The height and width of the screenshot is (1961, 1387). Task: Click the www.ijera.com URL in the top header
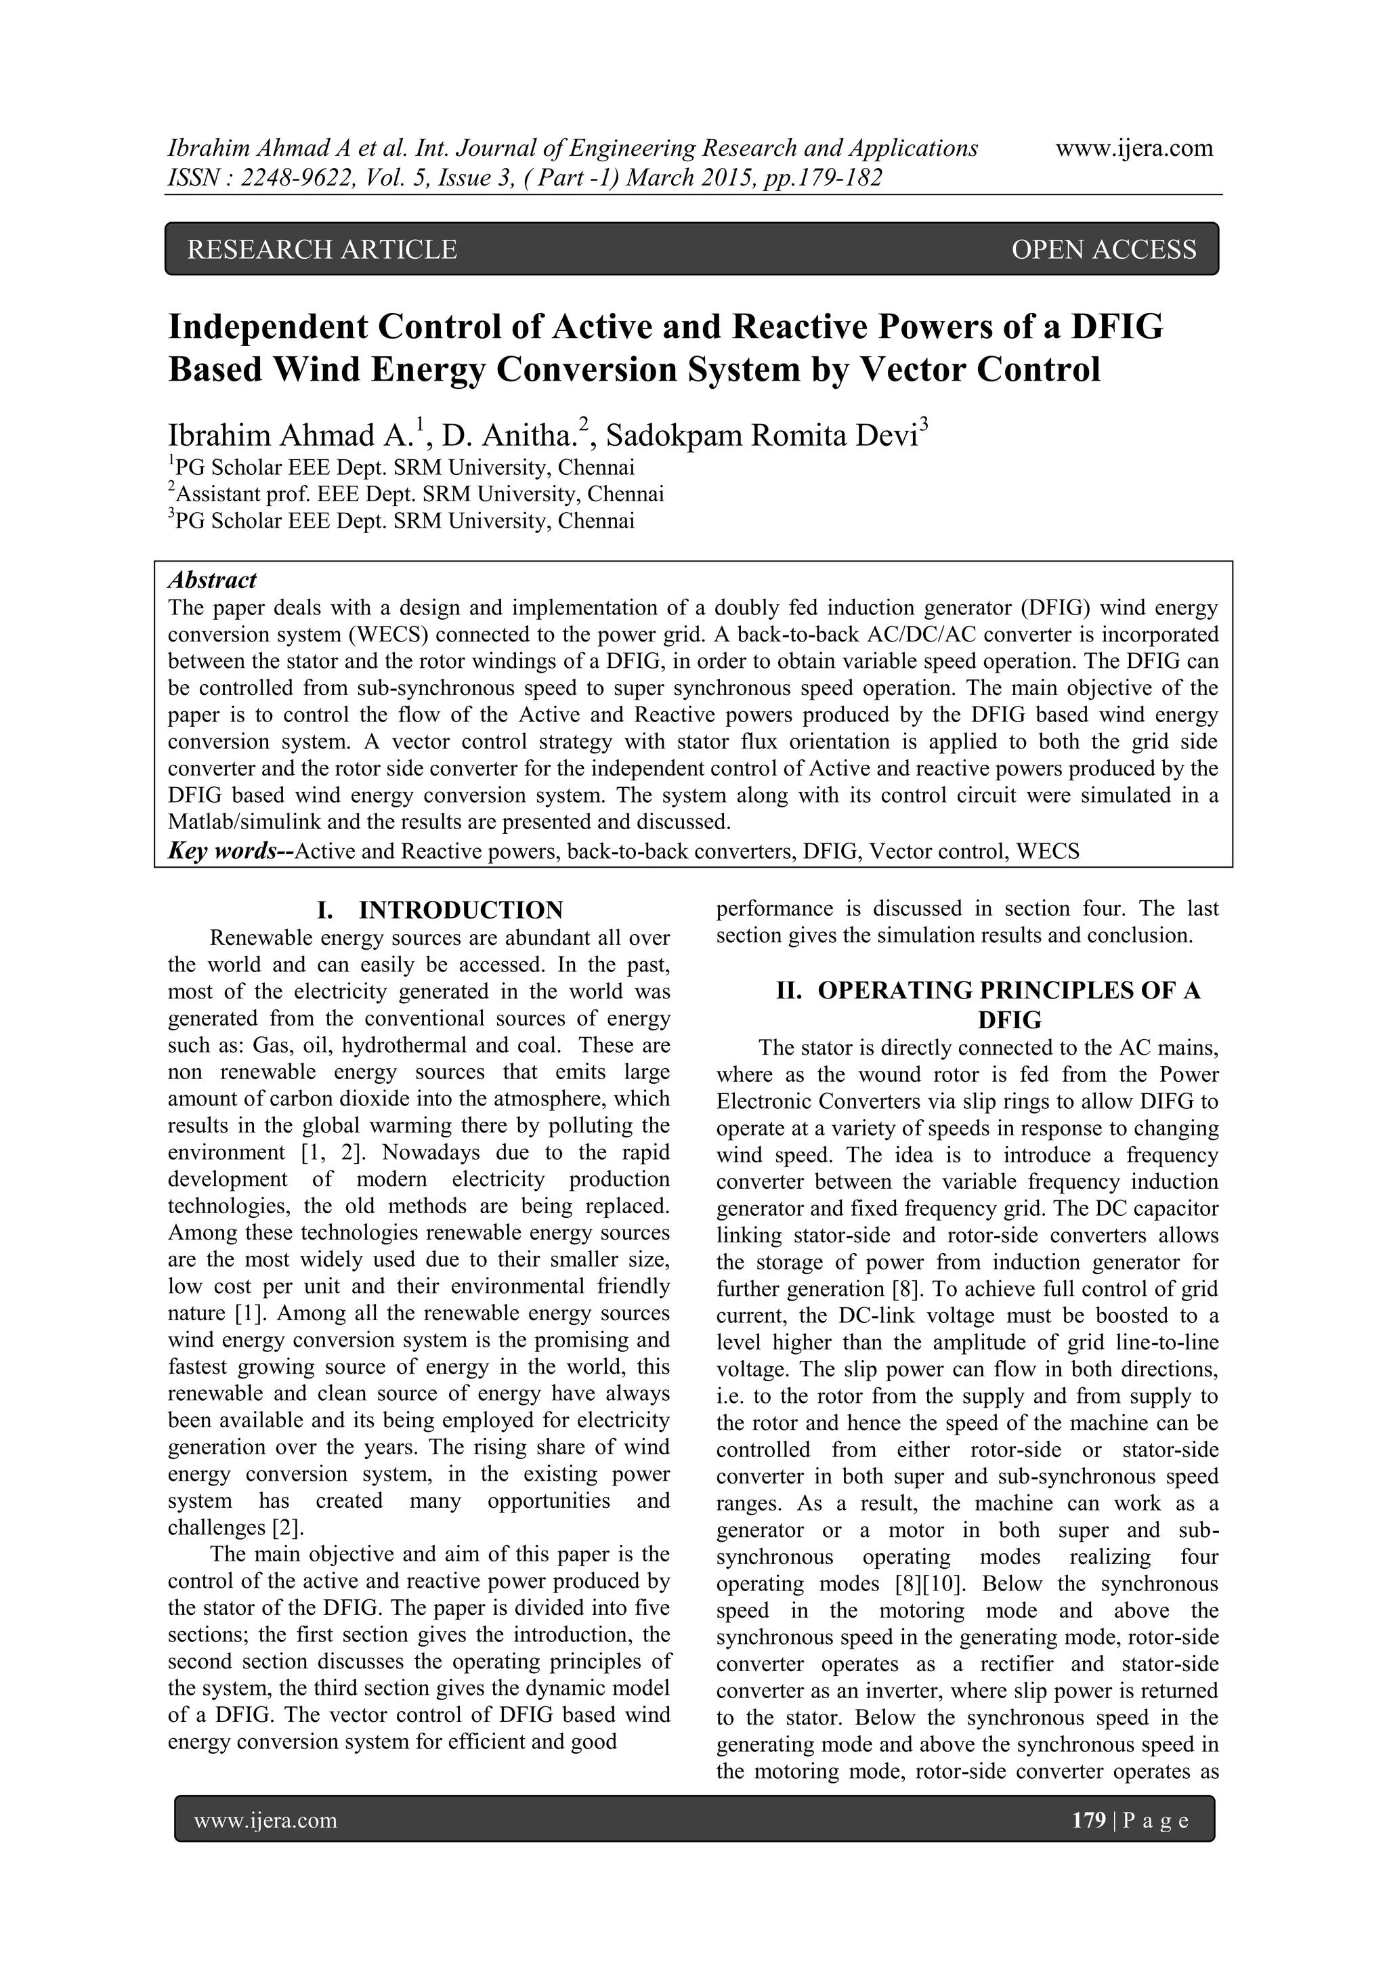click(x=1134, y=148)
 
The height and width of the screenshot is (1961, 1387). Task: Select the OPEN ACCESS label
click(x=1103, y=249)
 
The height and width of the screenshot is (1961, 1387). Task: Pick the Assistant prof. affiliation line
click(x=416, y=494)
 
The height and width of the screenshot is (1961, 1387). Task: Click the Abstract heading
click(x=212, y=580)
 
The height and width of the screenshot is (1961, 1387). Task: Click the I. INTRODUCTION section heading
click(x=440, y=910)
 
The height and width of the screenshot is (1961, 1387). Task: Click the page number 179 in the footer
click(x=1089, y=1821)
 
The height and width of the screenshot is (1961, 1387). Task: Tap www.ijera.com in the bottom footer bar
click(x=265, y=1821)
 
